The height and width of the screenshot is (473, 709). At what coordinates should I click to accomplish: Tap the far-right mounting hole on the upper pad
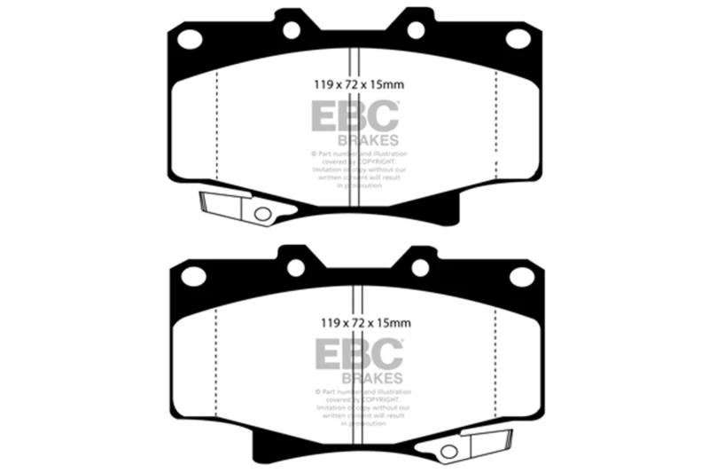pos(518,38)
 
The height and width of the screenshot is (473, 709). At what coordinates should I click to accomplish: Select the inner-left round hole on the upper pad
pos(291,30)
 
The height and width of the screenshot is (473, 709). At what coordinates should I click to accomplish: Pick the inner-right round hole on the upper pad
pos(415,30)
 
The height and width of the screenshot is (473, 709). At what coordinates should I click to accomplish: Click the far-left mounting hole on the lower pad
pos(192,276)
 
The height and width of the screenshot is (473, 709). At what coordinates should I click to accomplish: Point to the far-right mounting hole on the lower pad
pos(522,276)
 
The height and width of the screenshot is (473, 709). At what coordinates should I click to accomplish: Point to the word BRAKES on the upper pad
pos(368,139)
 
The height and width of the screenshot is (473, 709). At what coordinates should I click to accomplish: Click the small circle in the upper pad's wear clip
pos(261,214)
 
